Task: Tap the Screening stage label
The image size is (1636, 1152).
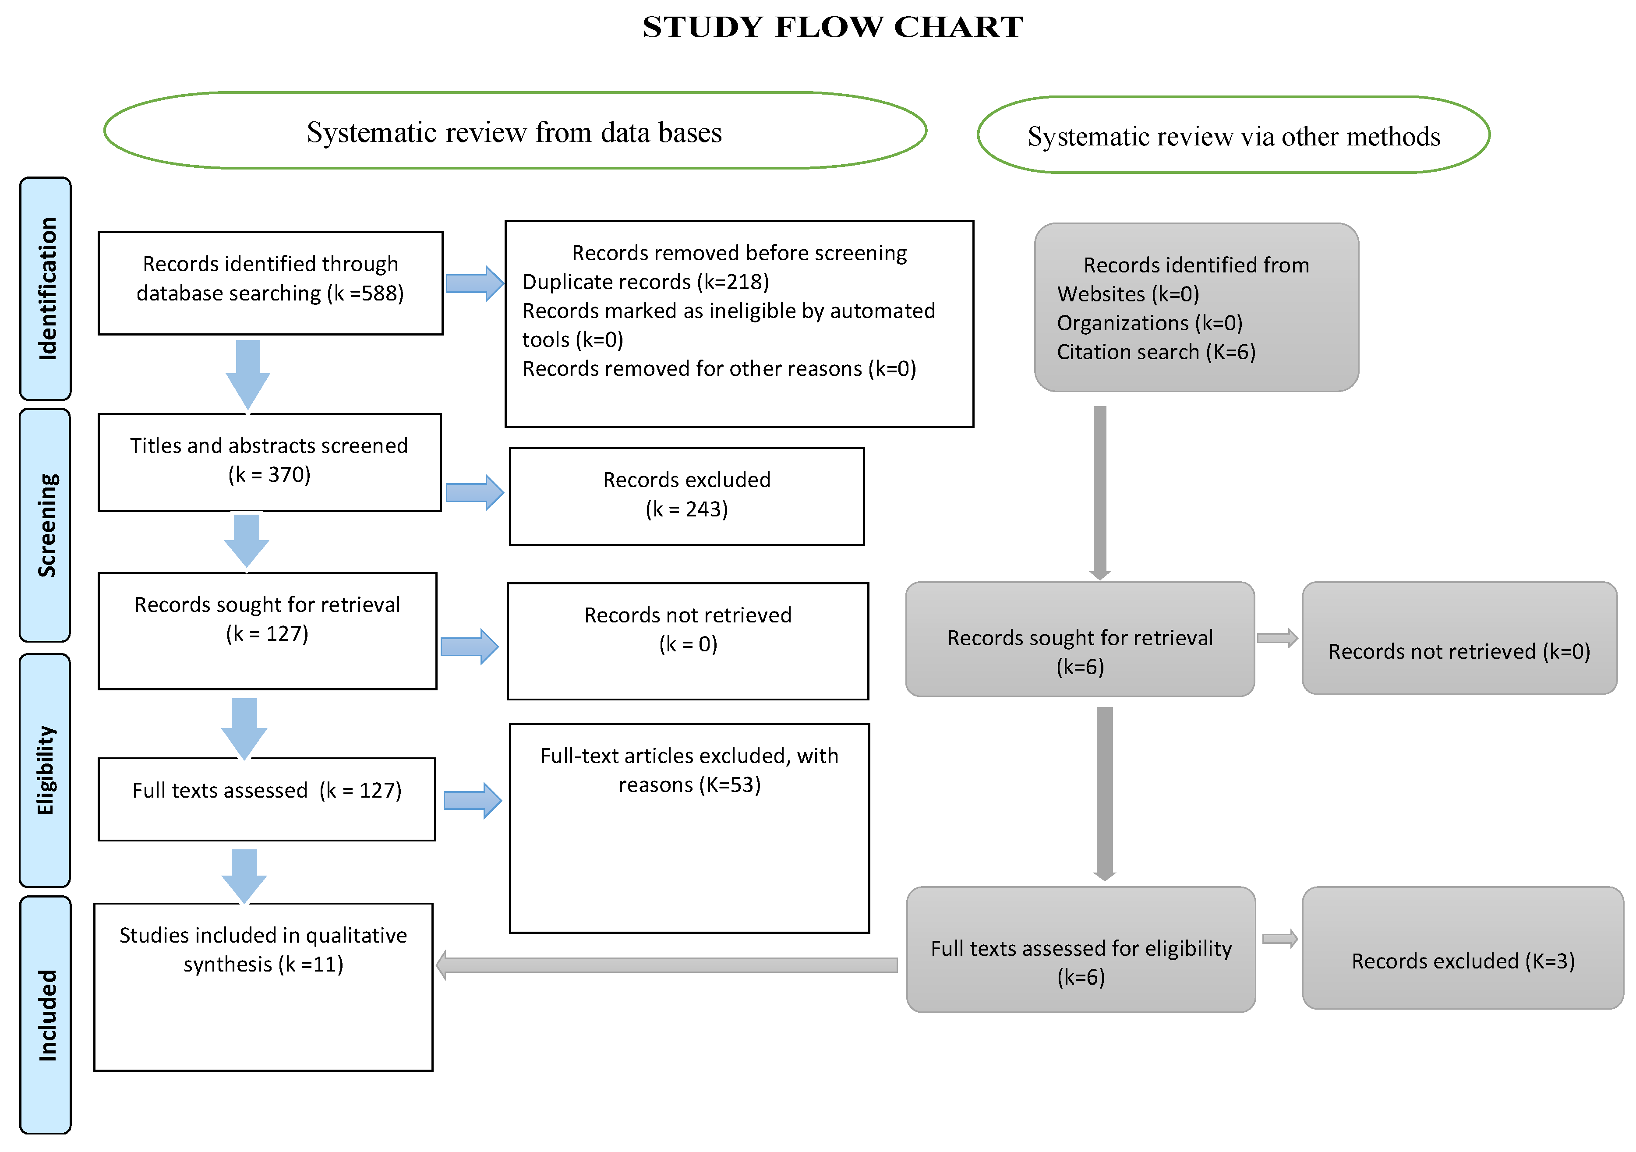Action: [46, 525]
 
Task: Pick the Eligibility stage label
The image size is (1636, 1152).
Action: [46, 770]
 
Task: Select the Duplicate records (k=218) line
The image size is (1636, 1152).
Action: [646, 282]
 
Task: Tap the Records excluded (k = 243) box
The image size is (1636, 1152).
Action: [686, 496]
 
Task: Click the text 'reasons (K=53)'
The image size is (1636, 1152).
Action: [689, 785]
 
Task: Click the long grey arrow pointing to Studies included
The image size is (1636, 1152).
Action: [666, 965]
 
